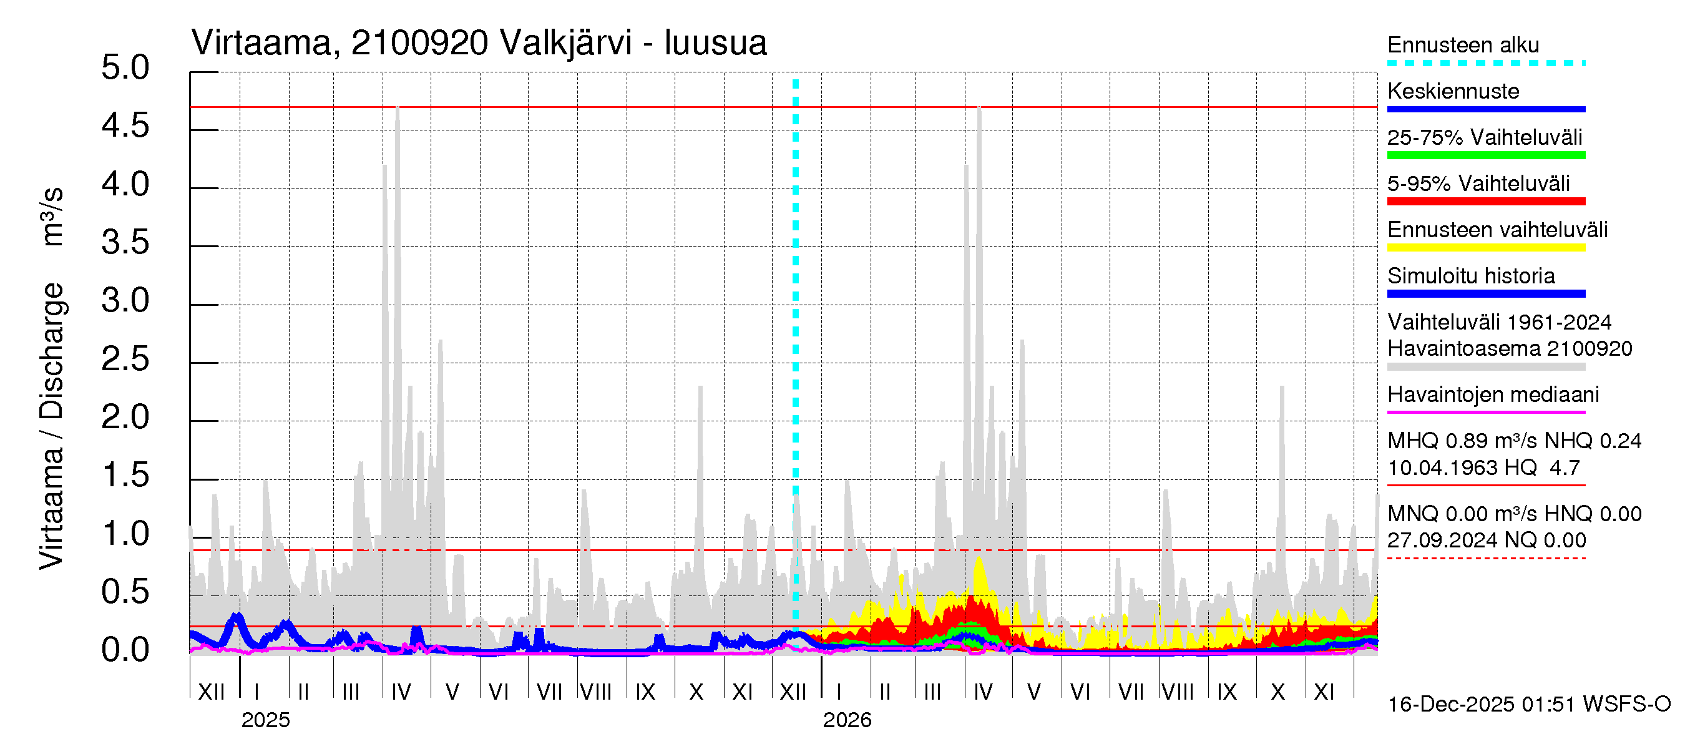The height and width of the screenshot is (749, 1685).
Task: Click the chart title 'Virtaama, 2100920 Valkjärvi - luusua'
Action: point(479,43)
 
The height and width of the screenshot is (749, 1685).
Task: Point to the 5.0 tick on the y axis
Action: point(125,68)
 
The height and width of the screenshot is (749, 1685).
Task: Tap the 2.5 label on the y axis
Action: point(125,359)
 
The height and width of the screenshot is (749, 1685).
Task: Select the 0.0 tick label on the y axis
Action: point(125,650)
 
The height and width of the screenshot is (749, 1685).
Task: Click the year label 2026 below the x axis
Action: point(846,720)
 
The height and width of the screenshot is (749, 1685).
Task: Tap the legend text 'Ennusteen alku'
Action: point(1463,45)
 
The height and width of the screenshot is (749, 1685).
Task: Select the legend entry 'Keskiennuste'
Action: point(1453,91)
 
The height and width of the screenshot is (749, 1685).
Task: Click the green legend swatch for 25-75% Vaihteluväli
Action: point(1485,155)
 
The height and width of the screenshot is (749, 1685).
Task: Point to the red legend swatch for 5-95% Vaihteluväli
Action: point(1485,202)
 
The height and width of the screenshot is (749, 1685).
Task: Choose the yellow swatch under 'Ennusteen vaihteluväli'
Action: point(1485,247)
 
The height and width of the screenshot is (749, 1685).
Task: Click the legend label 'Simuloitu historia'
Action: point(1471,276)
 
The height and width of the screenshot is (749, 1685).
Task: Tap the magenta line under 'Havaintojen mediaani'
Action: point(1485,412)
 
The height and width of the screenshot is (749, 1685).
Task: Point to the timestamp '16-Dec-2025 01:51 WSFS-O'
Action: point(1528,705)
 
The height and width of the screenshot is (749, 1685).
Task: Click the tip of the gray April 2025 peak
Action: point(398,109)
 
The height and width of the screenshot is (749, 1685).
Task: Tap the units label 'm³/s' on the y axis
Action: point(52,217)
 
